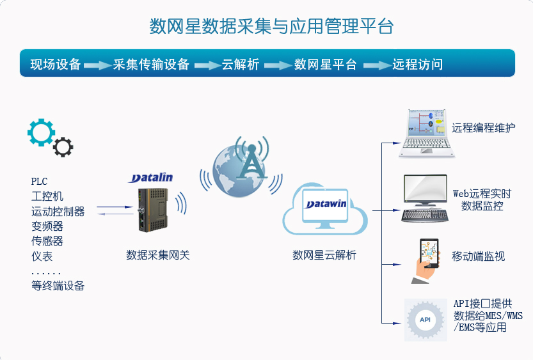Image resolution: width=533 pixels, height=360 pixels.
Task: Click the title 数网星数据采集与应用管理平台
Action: [x=271, y=26]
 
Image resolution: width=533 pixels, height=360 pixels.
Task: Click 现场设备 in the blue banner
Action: [x=56, y=64]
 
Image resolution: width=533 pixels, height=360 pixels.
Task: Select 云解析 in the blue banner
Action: [x=241, y=64]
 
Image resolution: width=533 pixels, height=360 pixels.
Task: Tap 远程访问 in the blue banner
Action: [x=418, y=64]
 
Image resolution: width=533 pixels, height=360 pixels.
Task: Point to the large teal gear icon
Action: [x=41, y=132]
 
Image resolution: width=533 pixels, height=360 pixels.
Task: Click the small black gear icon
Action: [x=63, y=147]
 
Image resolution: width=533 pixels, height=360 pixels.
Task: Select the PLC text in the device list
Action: [x=39, y=182]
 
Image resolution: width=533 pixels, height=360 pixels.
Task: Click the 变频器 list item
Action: [x=47, y=226]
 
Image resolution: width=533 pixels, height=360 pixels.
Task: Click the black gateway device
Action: [x=153, y=210]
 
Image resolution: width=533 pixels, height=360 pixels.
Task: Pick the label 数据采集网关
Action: [x=157, y=255]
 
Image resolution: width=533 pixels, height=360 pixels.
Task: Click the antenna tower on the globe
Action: [x=252, y=162]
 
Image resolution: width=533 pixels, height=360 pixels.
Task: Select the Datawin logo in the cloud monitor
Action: [x=326, y=204]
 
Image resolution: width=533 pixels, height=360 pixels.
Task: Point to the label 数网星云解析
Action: [x=324, y=255]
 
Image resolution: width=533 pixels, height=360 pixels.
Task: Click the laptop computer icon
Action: [x=427, y=134]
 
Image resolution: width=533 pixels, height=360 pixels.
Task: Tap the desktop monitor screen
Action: [x=426, y=189]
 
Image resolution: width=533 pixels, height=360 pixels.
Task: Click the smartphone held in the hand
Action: [x=429, y=253]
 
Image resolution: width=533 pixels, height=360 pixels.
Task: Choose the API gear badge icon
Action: [x=426, y=320]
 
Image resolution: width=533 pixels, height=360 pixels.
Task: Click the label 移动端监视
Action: [x=478, y=256]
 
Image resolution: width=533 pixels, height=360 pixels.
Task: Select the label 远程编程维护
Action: [x=483, y=128]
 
